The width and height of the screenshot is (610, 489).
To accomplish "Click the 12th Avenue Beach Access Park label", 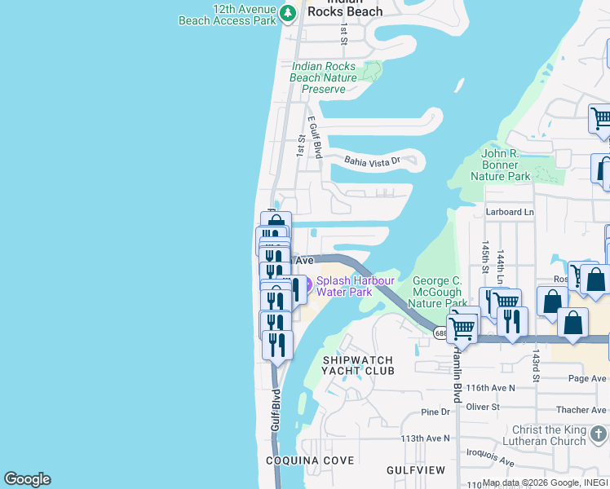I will [228, 14].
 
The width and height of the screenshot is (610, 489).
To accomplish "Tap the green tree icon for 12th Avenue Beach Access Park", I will [287, 13].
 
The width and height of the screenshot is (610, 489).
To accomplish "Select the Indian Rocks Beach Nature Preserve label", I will [324, 77].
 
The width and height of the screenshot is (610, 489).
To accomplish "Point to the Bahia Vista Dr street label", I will [372, 161].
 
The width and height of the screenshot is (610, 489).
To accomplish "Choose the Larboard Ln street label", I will [510, 212].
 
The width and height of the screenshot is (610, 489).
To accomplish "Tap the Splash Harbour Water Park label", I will [356, 286].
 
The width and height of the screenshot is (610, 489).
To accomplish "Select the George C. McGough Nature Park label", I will [436, 292].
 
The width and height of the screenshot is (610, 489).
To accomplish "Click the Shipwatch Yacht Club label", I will [358, 365].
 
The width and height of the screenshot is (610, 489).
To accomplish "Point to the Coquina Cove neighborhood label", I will [310, 460].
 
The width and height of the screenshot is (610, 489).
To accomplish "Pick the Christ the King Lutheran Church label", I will [549, 435].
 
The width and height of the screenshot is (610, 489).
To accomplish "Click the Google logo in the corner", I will [27, 479].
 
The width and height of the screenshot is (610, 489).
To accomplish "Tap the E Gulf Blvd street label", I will [314, 136].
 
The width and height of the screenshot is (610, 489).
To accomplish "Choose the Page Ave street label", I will [587, 378].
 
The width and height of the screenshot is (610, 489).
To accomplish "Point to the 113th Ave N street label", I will [425, 438].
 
